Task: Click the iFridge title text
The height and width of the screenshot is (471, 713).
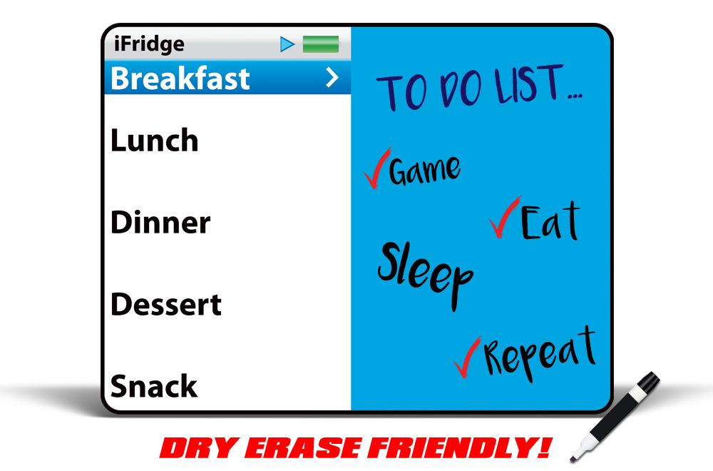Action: (149, 44)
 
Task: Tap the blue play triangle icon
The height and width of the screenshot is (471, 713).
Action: (287, 44)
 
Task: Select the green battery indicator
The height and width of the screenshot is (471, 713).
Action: (321, 44)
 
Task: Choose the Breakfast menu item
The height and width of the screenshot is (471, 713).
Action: (180, 78)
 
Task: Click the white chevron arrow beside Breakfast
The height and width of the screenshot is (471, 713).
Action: (333, 78)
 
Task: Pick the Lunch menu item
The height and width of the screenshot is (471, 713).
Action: (155, 140)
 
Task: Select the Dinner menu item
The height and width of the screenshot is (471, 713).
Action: (160, 222)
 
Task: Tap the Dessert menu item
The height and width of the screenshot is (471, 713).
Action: (166, 304)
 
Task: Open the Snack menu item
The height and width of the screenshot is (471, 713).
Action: (154, 386)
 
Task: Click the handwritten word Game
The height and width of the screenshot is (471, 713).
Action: (425, 170)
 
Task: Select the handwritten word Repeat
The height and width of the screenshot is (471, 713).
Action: (540, 353)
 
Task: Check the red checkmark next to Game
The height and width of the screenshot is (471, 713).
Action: (377, 168)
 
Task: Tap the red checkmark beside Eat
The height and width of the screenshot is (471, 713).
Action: (504, 218)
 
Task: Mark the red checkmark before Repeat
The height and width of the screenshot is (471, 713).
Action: (466, 358)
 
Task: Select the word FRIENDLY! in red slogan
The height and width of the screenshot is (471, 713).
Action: (460, 447)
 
